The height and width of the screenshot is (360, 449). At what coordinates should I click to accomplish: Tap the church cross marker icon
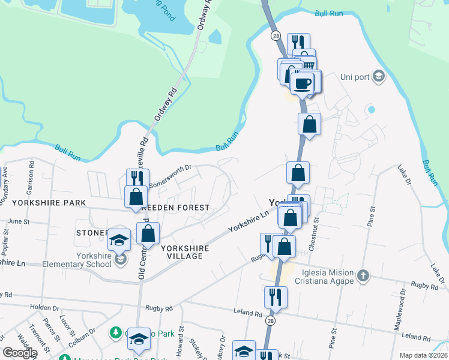pos(362,276)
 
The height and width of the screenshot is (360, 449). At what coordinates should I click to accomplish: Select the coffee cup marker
pos(303,83)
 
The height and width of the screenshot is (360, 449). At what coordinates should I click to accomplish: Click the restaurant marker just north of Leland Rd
pos(276,296)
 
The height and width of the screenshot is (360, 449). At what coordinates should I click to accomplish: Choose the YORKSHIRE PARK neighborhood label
pos(48,203)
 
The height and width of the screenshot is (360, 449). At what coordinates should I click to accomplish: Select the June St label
pos(19,221)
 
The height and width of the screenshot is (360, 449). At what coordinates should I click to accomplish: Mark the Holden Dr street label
pos(44,307)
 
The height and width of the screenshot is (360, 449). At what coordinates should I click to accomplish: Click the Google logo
pos(20,353)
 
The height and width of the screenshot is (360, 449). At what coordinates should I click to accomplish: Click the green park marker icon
pos(115,332)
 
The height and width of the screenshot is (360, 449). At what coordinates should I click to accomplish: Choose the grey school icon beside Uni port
pos(378,76)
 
